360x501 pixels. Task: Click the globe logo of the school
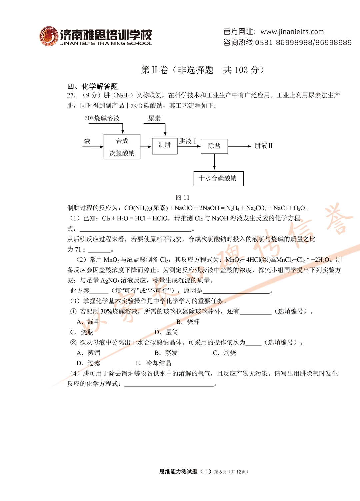[49, 36]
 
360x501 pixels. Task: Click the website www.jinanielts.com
[292, 32]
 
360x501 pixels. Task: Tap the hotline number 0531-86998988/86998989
[303, 43]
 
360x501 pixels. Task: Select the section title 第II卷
[154, 70]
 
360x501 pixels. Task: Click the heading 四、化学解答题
[93, 87]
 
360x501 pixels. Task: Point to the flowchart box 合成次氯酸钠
[122, 147]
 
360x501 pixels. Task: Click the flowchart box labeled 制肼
[165, 145]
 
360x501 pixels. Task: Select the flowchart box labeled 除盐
[214, 146]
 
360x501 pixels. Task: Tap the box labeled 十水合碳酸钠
[218, 178]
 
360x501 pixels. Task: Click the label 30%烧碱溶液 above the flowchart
[102, 118]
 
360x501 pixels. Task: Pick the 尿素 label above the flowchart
[154, 118]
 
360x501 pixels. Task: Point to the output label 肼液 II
[263, 146]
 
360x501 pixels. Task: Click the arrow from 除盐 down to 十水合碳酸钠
[214, 162]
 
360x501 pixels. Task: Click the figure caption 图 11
[182, 197]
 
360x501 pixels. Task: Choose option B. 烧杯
[188, 322]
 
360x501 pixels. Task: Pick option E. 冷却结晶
[154, 363]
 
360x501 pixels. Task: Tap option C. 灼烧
[224, 353]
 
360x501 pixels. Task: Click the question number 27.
[71, 95]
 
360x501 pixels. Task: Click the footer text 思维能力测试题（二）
[185, 472]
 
